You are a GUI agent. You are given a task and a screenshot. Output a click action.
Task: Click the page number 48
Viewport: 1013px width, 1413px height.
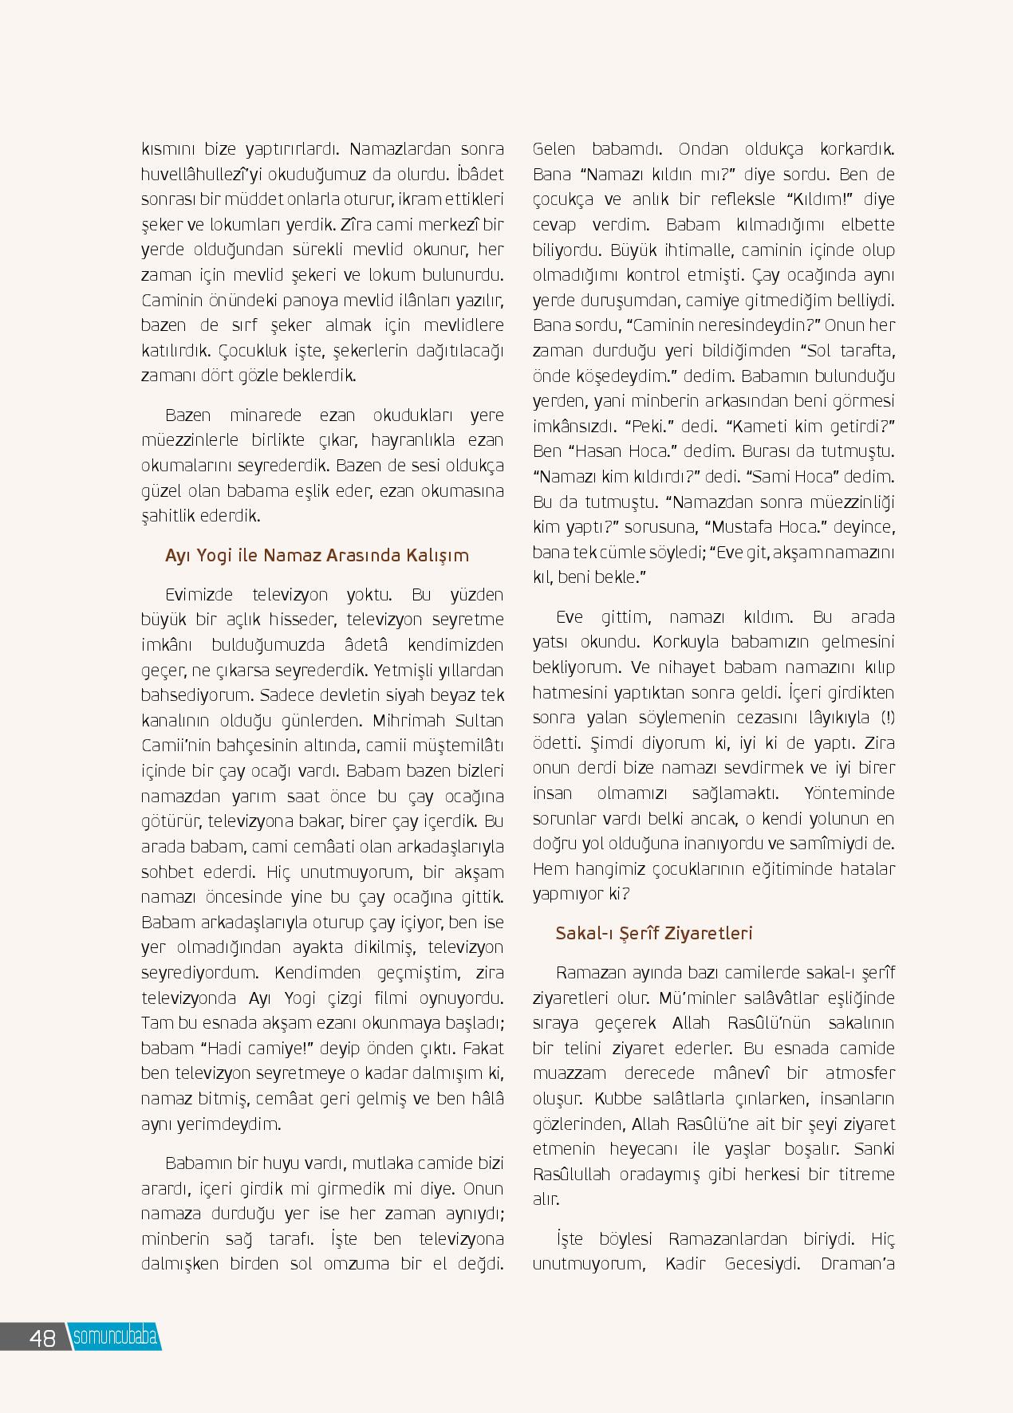[42, 1338]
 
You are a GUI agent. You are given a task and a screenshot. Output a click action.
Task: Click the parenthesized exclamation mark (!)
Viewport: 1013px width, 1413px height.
[888, 718]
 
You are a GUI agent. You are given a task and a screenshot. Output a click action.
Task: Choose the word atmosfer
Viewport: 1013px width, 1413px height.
[859, 1073]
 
